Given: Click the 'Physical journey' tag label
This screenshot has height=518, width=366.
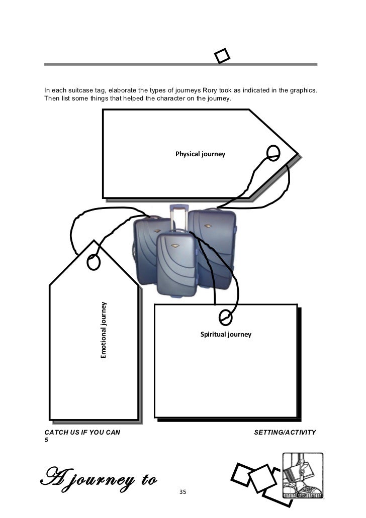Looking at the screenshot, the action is coord(200,154).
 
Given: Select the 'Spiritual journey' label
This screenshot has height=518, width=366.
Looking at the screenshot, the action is coord(226,334).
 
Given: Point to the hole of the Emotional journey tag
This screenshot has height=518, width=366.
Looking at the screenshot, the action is coord(94,262).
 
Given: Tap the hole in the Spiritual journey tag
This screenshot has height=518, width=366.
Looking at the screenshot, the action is coord(226,317).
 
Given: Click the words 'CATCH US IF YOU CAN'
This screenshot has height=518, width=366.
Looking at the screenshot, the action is coord(82,432).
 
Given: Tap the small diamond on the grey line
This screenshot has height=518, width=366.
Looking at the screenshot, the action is coord(222,56).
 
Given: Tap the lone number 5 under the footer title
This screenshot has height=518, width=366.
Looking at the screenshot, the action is coord(46,441).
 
